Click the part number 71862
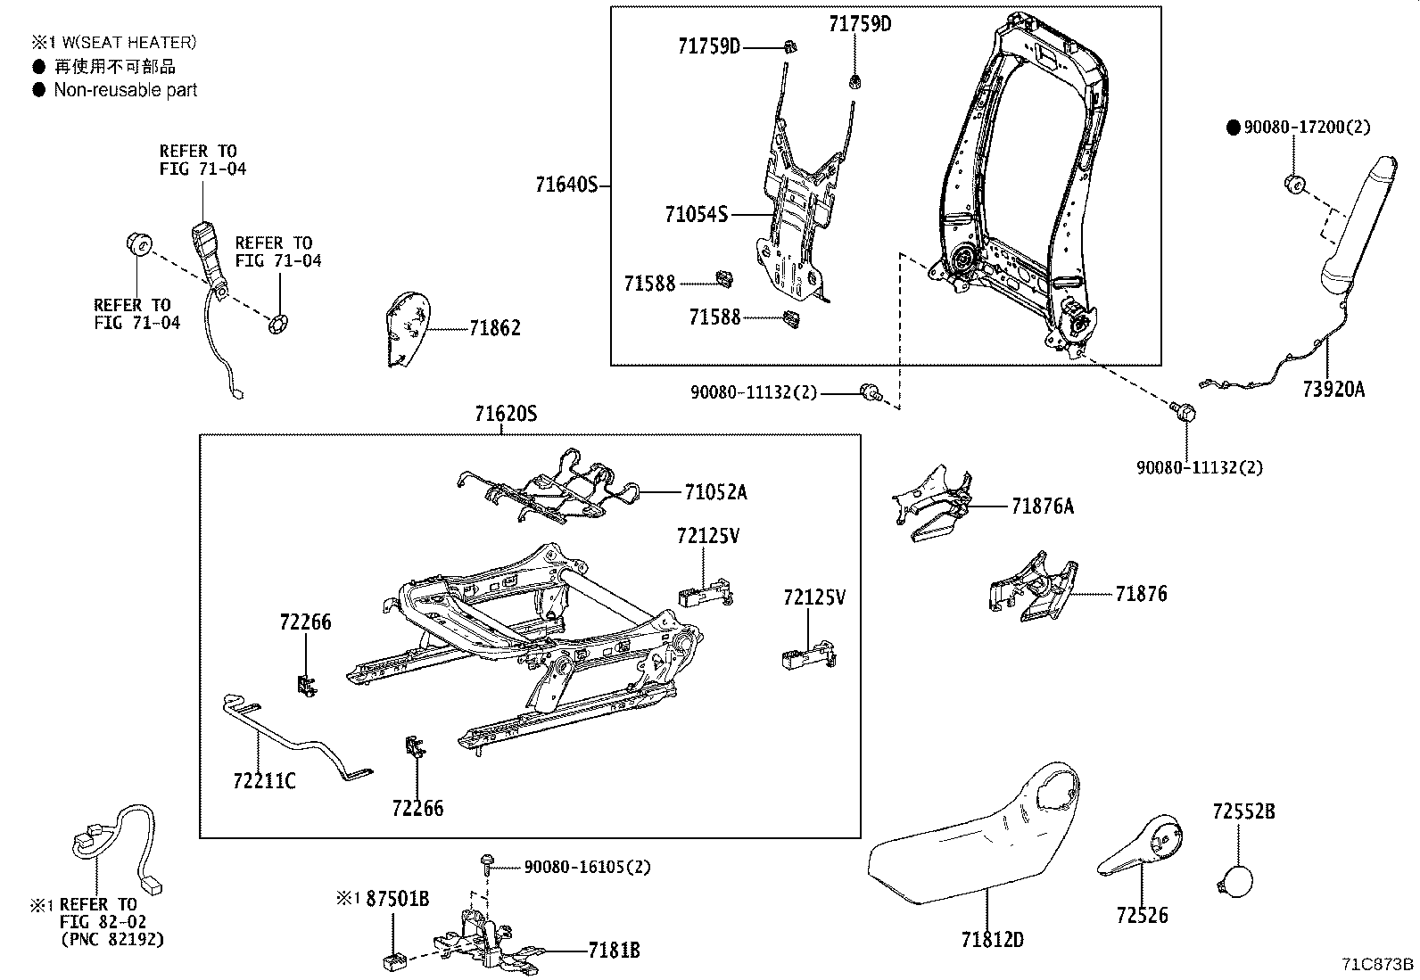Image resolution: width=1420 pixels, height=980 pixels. tap(495, 328)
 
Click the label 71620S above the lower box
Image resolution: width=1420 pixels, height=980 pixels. tap(506, 415)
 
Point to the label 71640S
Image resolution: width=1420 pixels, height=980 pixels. tap(566, 185)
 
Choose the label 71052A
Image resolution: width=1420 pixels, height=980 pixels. tap(715, 491)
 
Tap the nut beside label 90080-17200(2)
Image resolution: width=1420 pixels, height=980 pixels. tap(1293, 184)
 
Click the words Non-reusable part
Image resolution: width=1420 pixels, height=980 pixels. tap(125, 90)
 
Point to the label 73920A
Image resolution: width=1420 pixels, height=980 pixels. tap(1333, 390)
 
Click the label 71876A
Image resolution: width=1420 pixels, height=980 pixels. tap(1042, 506)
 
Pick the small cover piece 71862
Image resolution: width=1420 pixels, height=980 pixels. tap(407, 330)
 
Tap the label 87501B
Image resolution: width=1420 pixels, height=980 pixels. tap(397, 899)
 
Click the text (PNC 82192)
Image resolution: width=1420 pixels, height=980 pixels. tap(113, 940)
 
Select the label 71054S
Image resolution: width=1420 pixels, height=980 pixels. tap(696, 214)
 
